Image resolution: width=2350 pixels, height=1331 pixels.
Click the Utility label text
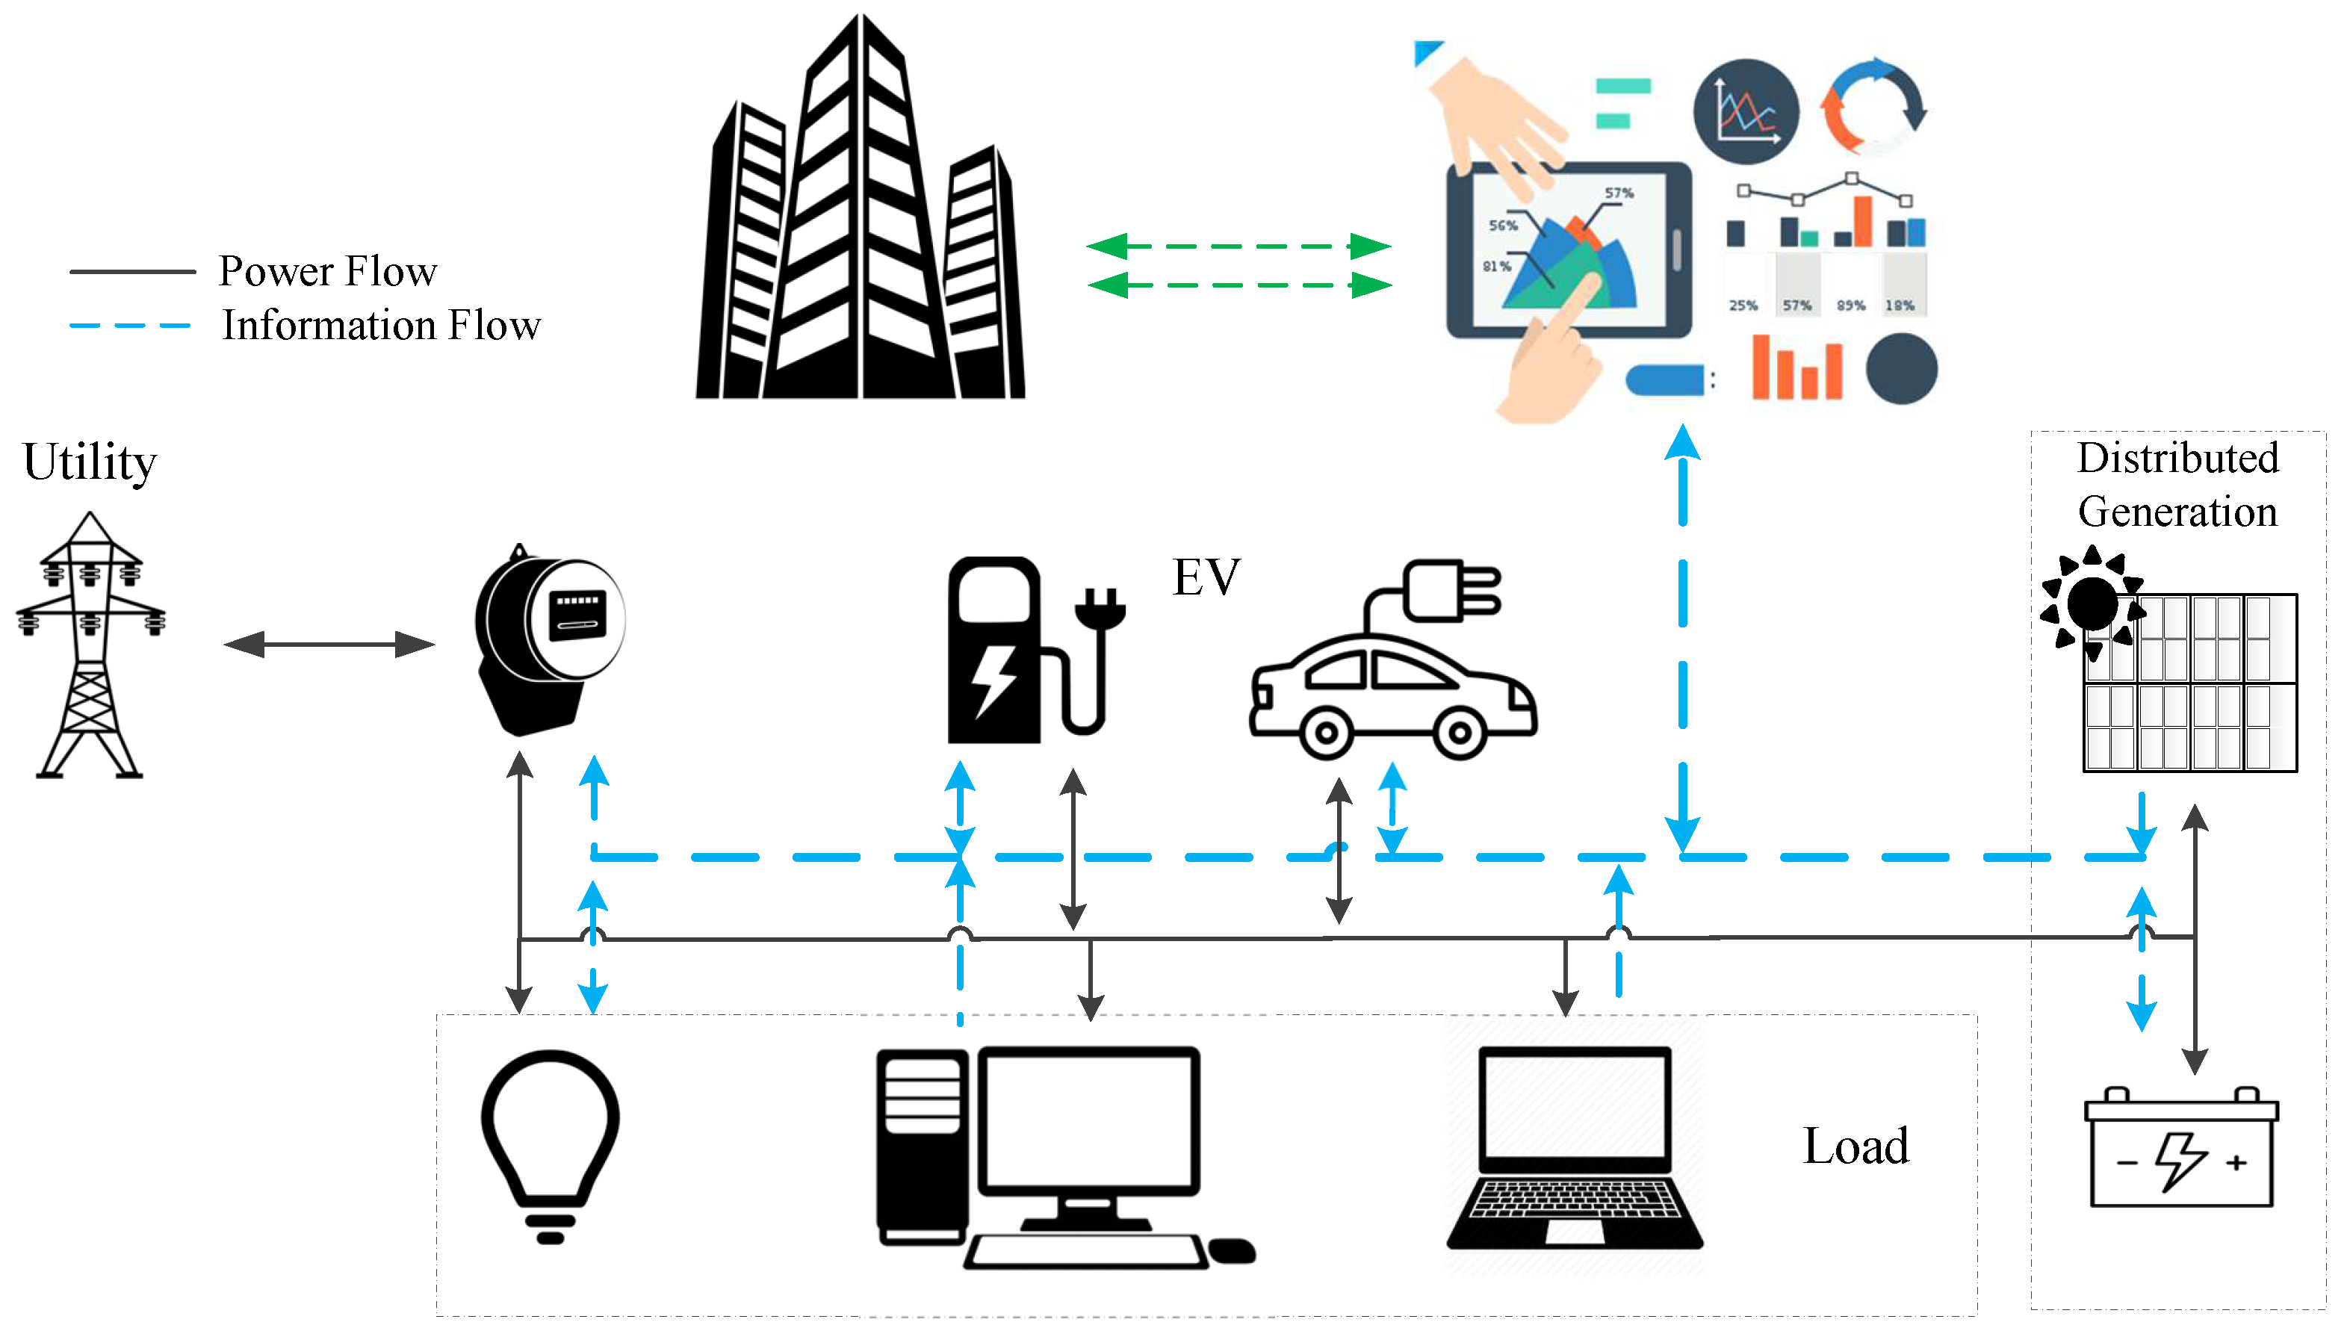tap(90, 462)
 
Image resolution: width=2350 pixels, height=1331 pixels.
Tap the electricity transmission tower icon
tap(90, 645)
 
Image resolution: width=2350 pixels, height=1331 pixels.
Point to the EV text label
tap(1206, 578)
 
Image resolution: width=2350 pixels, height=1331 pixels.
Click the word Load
tap(1855, 1147)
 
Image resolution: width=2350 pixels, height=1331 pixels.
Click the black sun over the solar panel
tap(2092, 604)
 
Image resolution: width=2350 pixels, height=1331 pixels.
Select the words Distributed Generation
tap(2177, 485)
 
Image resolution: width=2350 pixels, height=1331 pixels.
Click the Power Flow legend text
tap(327, 271)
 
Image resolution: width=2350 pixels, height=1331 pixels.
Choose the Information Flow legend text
tap(381, 326)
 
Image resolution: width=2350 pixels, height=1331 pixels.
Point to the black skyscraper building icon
tap(859, 220)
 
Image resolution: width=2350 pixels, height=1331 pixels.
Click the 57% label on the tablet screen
tap(1619, 193)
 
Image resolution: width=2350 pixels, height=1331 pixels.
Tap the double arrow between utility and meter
tap(329, 645)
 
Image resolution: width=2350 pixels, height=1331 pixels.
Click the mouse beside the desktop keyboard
tap(1231, 1250)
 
